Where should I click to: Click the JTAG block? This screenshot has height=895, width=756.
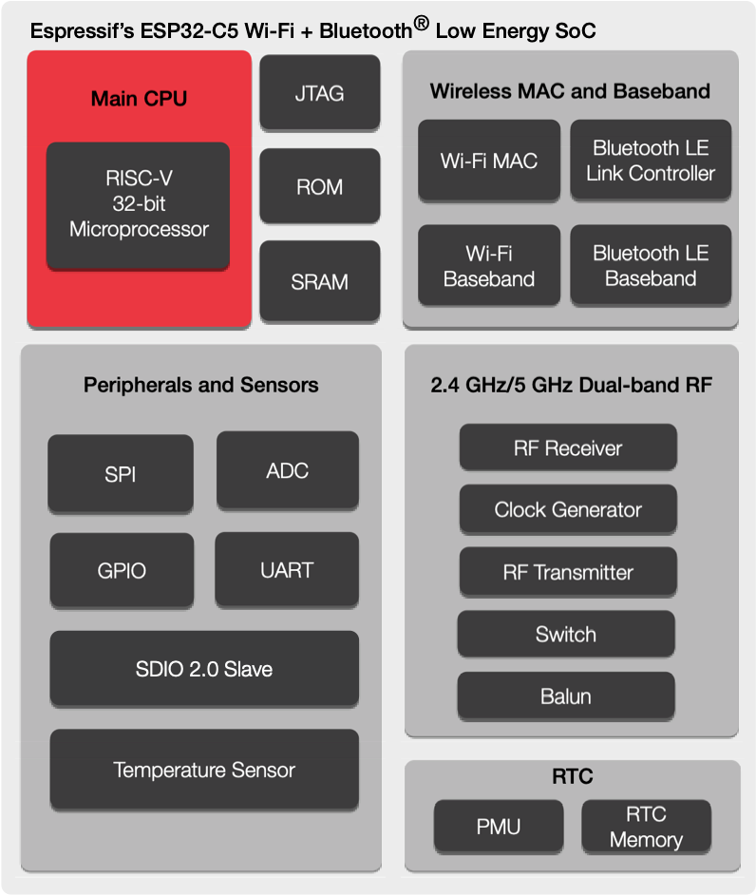pyautogui.click(x=319, y=92)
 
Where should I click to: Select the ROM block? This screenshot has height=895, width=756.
pyautogui.click(x=319, y=186)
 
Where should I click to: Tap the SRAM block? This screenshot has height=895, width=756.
pyautogui.click(x=319, y=280)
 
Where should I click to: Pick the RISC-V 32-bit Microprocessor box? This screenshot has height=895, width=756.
pyautogui.click(x=139, y=204)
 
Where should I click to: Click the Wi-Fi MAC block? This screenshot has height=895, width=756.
pyautogui.click(x=488, y=161)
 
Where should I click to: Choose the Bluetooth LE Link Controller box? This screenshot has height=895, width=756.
pyautogui.click(x=651, y=161)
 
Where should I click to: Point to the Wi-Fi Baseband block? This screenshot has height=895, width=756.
pyautogui.click(x=488, y=266)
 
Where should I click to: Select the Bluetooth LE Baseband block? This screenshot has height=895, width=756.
pyautogui.click(x=651, y=266)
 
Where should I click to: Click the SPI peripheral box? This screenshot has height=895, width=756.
pyautogui.click(x=121, y=472)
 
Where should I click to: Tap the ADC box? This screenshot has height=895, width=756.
pyautogui.click(x=288, y=469)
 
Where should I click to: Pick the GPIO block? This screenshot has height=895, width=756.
pyautogui.click(x=122, y=570)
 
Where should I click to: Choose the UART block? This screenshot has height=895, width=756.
pyautogui.click(x=287, y=569)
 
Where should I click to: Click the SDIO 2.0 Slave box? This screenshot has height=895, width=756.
pyautogui.click(x=204, y=669)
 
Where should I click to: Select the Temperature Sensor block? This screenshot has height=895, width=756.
pyautogui.click(x=204, y=770)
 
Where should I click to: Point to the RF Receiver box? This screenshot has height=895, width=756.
pyautogui.click(x=568, y=447)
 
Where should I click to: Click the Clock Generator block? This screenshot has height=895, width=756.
pyautogui.click(x=568, y=509)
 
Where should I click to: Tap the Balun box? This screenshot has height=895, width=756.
pyautogui.click(x=566, y=695)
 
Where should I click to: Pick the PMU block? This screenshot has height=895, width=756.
pyautogui.click(x=499, y=826)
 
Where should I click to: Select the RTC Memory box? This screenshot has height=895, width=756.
pyautogui.click(x=646, y=827)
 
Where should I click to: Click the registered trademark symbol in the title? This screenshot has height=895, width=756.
pyautogui.click(x=422, y=23)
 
